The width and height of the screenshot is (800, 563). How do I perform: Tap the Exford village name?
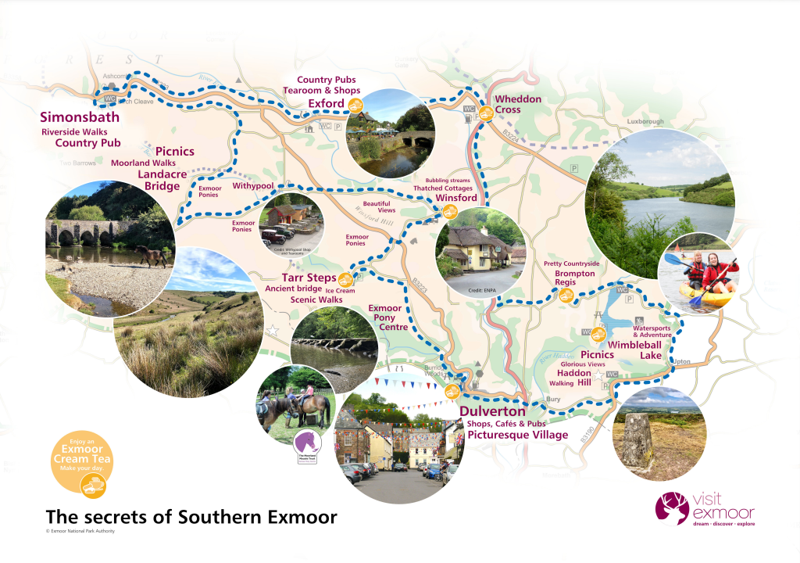tap(326, 103)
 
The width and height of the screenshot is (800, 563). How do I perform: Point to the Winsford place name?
tap(455, 198)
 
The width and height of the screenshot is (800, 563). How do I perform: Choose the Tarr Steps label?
tap(309, 278)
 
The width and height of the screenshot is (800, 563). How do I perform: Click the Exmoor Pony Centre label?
tap(384, 318)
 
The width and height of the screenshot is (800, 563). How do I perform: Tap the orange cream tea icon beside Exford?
tap(355, 105)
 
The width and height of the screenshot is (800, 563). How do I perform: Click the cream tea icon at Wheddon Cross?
tap(486, 113)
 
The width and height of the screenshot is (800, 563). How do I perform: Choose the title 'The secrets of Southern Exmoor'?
tap(191, 517)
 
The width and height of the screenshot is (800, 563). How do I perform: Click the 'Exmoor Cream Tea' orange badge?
tap(82, 462)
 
